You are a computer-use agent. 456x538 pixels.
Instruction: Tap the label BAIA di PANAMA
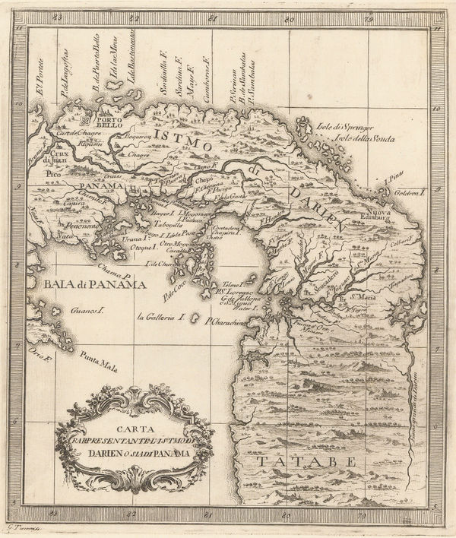pos(95,285)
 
